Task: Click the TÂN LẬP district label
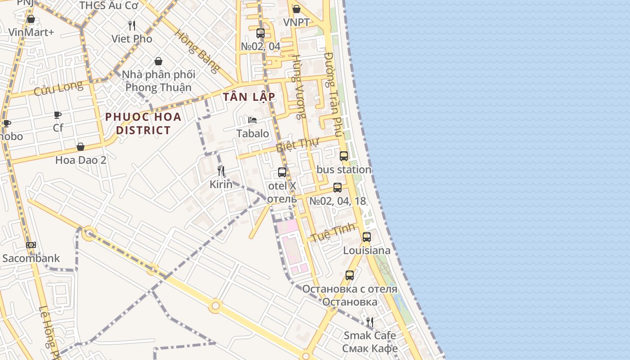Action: point(249,97)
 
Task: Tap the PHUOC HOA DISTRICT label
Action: point(143,124)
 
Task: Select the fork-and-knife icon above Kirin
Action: point(221,171)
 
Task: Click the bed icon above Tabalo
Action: point(252,120)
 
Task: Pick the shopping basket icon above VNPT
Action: point(296,9)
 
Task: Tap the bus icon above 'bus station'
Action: point(344,156)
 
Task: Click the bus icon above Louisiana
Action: point(367,237)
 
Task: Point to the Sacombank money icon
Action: point(31,245)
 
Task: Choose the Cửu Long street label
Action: point(58,88)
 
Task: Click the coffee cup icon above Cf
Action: point(58,115)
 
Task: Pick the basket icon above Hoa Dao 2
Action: point(81,147)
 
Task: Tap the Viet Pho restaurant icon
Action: point(132,25)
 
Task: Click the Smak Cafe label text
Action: point(370,335)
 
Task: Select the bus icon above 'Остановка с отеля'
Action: point(350,275)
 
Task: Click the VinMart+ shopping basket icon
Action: point(31,19)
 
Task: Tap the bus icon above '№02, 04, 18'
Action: point(337,188)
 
